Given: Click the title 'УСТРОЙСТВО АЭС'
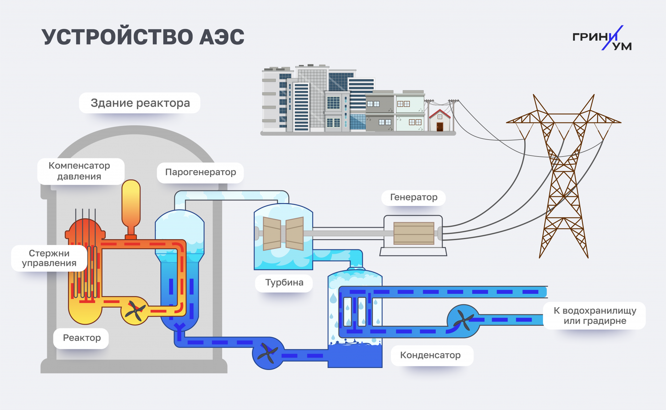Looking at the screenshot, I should (x=143, y=36).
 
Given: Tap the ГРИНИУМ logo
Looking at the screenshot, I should (x=602, y=38).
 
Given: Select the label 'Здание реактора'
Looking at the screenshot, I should (x=140, y=103).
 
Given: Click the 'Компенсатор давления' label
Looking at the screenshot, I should (x=80, y=171).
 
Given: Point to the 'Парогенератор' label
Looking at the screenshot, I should (x=200, y=172).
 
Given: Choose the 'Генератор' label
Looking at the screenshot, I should (x=413, y=198).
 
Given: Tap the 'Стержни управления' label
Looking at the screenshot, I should (x=49, y=258).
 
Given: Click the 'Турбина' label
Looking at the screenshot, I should (x=284, y=282).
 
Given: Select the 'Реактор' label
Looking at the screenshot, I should (x=82, y=338).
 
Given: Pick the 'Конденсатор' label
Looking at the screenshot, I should (x=430, y=355).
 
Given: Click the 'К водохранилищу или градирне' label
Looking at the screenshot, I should (x=594, y=316).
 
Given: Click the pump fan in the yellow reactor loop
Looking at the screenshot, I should (x=135, y=311).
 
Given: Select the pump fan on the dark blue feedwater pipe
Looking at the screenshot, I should (x=268, y=353).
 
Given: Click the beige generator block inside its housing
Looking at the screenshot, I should (x=414, y=233).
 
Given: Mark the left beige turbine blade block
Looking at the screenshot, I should (x=272, y=234).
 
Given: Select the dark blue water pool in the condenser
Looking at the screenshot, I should (x=355, y=356).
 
